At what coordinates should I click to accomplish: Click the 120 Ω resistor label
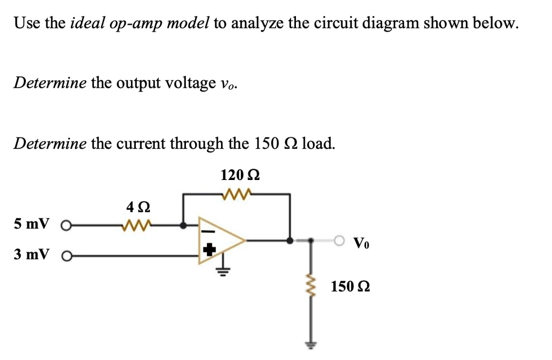coord(240,175)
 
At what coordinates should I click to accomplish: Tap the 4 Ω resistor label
coord(137,206)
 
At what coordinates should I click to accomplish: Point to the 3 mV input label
coord(32,254)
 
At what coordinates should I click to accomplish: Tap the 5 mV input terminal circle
coord(66,225)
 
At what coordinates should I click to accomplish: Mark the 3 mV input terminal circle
coord(66,255)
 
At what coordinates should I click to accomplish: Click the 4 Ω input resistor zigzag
coord(137,225)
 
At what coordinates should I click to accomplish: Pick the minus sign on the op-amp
coord(210,231)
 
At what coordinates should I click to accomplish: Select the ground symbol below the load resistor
coord(311,344)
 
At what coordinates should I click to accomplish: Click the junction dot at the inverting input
coord(184,225)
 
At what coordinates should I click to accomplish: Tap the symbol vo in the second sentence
coord(229,84)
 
